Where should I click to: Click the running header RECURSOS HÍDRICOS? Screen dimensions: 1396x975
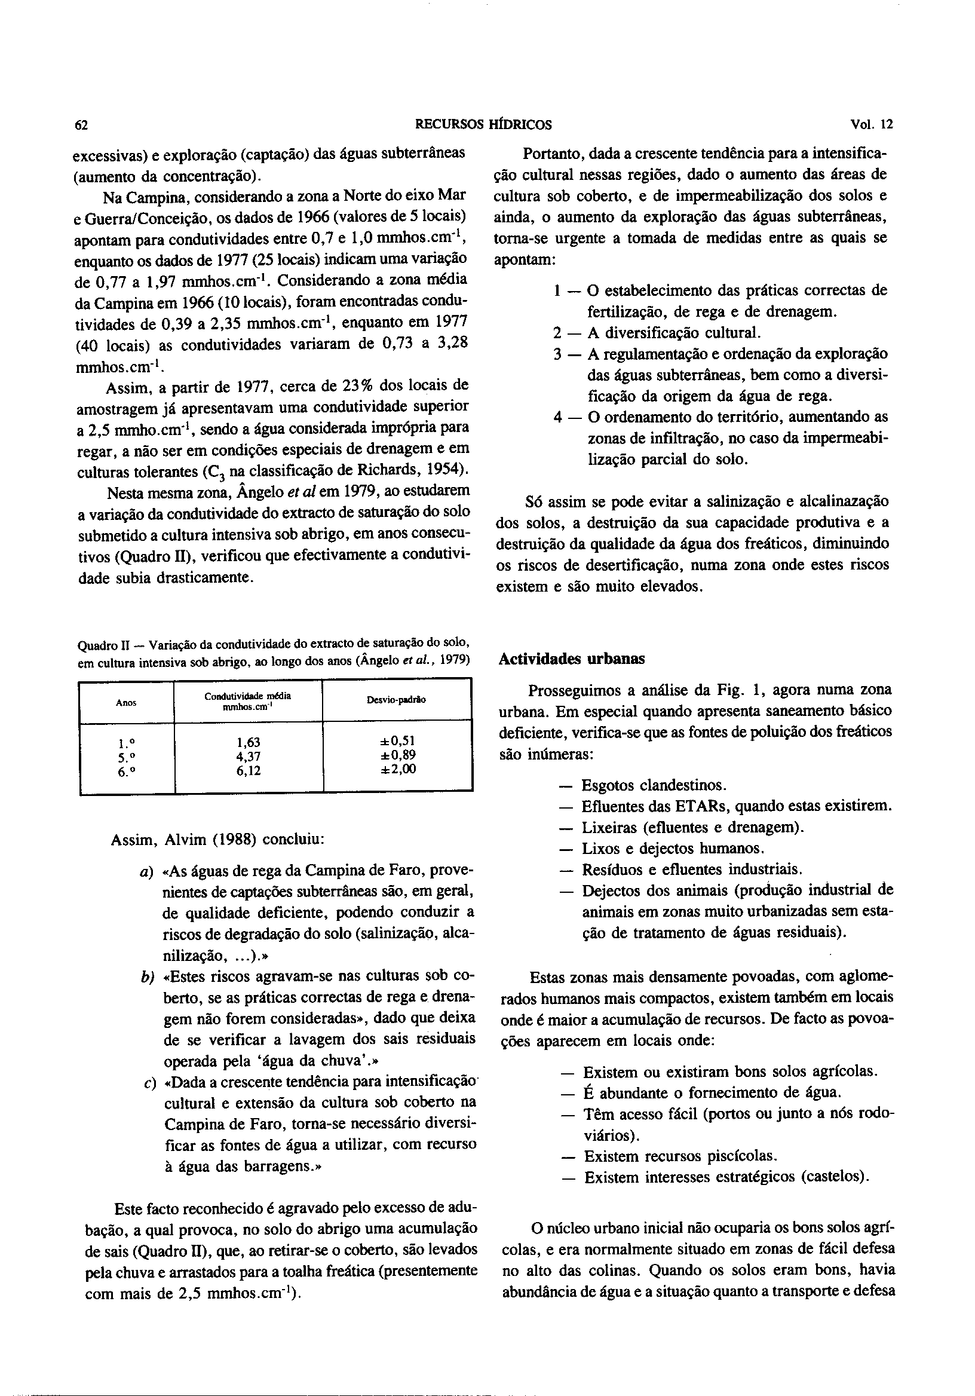(x=483, y=125)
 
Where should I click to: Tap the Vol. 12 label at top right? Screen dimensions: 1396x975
(x=872, y=125)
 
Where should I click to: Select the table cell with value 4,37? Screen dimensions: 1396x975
(x=248, y=757)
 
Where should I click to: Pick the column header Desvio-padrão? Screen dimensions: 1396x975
(x=396, y=700)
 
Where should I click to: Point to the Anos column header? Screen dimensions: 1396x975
(x=126, y=703)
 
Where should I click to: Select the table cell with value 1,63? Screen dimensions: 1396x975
(x=248, y=742)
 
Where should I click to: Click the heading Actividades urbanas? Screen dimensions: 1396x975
(x=571, y=659)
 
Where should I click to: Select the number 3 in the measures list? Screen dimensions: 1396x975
(x=557, y=354)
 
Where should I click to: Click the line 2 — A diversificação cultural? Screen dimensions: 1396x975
(x=657, y=333)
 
